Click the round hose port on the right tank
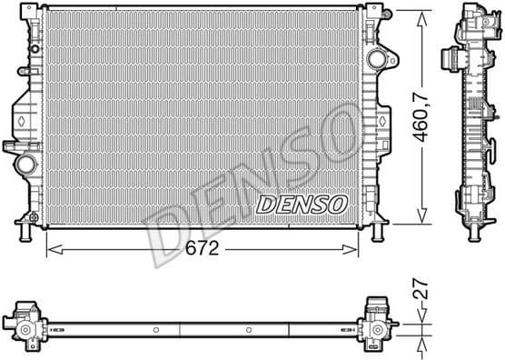pos(376,59)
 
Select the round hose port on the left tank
pos(24,167)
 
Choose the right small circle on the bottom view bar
pos(249,328)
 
